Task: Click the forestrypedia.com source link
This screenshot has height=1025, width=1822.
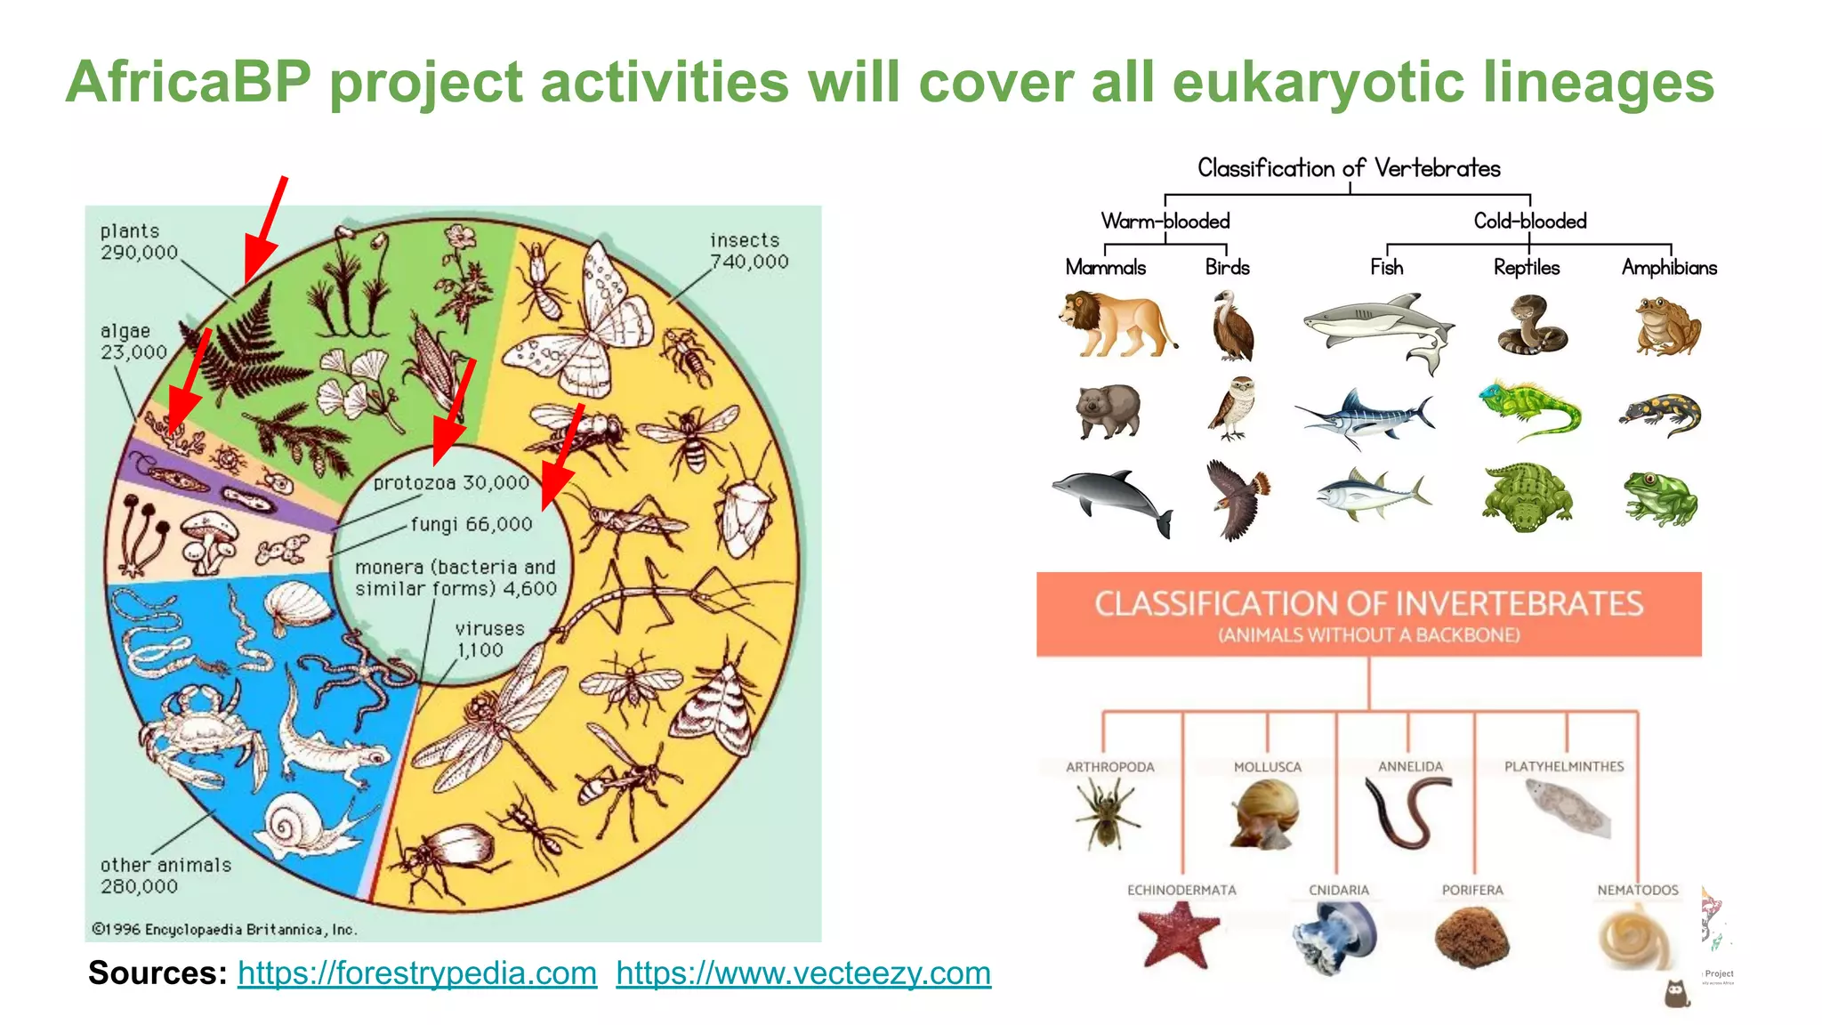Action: (416, 973)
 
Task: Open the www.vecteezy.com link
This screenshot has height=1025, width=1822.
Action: (802, 973)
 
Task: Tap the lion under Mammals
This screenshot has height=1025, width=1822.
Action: (1117, 324)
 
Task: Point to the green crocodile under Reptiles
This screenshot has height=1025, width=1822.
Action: (1526, 496)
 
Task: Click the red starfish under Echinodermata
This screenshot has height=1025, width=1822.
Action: (1179, 934)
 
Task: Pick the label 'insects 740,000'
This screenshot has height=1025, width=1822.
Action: (748, 251)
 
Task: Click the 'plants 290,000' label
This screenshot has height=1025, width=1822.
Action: (139, 242)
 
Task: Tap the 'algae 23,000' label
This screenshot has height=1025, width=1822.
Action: (133, 342)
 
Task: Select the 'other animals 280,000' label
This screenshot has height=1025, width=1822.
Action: (165, 876)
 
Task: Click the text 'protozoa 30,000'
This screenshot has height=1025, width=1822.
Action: (451, 483)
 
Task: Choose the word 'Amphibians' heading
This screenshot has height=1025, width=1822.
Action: (1669, 268)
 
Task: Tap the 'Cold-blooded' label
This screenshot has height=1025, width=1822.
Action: (1529, 221)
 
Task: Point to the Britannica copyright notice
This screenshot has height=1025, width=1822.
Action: (224, 930)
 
